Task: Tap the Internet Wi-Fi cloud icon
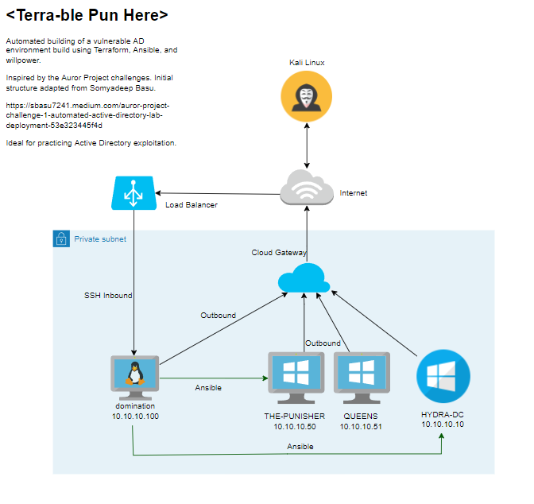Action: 306,187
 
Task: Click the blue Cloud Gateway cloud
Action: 304,277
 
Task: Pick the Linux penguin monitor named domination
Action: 134,377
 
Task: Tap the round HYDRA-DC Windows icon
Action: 443,377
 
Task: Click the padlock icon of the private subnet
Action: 61,238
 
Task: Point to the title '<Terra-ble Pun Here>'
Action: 87,15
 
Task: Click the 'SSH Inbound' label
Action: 108,295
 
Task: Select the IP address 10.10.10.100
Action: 135,417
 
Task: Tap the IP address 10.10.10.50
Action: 295,427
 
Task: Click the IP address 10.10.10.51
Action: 361,427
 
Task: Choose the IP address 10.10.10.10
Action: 443,425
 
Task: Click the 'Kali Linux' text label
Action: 306,62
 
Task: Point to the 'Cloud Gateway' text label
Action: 279,252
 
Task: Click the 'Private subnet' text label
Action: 99,238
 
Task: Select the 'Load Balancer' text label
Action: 191,205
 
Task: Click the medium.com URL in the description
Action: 87,114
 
